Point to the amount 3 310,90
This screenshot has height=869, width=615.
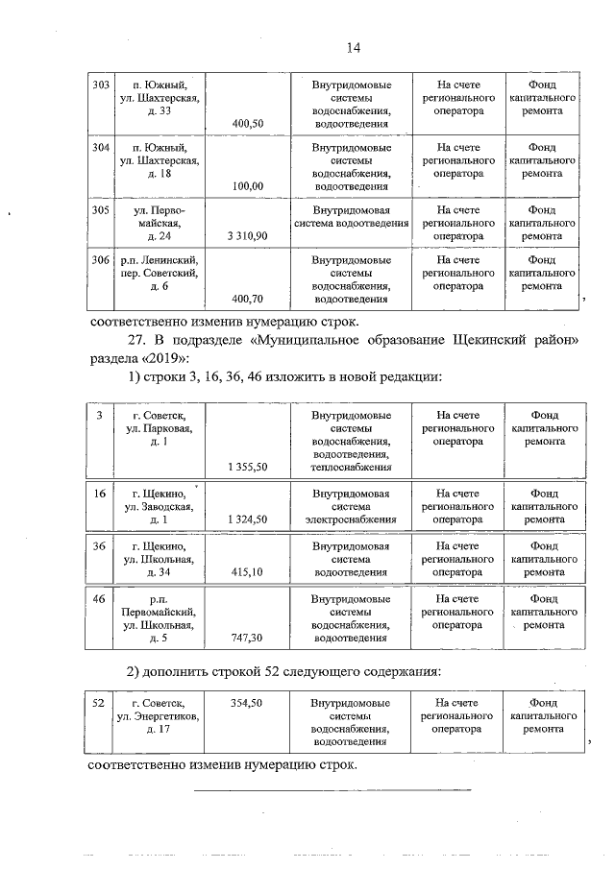coord(247,235)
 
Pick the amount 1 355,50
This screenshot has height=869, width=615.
coord(247,467)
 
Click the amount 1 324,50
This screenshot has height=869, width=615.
coord(247,519)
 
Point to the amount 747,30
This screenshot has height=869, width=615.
coord(247,637)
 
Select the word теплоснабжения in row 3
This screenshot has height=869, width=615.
coord(351,468)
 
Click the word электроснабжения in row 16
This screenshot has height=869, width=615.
coord(351,519)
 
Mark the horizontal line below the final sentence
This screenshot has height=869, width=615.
coord(332,790)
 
